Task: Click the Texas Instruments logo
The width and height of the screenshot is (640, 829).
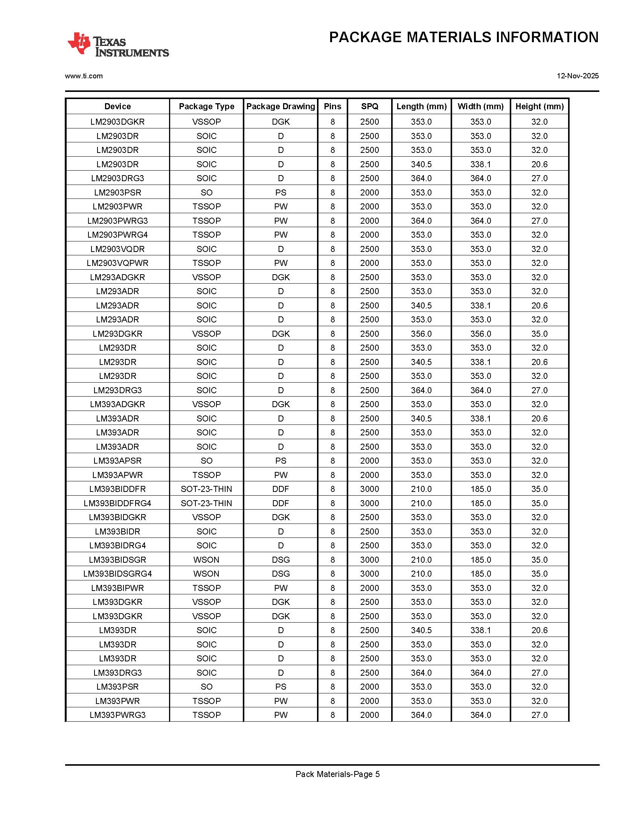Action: [118, 45]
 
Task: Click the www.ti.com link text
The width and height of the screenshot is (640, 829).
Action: [84, 76]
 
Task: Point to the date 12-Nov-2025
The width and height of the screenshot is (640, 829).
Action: [578, 76]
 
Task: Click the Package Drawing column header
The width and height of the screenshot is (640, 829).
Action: [280, 106]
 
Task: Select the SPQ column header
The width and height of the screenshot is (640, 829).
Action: [370, 106]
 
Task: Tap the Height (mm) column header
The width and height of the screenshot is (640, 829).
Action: [539, 106]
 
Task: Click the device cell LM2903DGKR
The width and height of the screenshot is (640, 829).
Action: [117, 122]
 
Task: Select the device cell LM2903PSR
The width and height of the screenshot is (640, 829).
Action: [117, 192]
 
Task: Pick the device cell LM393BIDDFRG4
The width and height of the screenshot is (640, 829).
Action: [117, 503]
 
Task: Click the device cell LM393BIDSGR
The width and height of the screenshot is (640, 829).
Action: [117, 560]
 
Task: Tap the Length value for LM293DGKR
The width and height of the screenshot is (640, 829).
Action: [421, 334]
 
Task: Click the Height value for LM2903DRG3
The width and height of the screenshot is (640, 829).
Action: [539, 179]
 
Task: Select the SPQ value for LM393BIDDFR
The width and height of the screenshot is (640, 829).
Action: [370, 489]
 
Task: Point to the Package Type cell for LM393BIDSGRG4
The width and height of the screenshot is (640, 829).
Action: [206, 574]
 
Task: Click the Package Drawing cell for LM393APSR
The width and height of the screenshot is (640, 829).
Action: [280, 461]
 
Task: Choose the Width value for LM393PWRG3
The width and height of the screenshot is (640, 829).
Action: [480, 715]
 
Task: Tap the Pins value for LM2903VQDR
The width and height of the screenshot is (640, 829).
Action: [332, 249]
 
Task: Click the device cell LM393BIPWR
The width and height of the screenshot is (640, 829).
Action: [117, 588]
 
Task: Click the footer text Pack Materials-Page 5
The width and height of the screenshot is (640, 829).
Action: [337, 774]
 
